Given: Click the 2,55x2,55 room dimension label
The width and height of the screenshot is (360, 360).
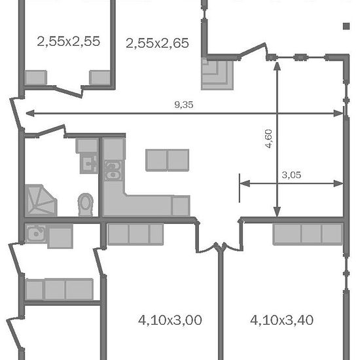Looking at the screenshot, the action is click(69, 41).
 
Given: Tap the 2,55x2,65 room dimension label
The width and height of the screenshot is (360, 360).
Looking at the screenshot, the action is click(157, 43).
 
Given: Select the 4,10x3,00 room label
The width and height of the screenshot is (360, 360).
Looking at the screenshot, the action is click(170, 320).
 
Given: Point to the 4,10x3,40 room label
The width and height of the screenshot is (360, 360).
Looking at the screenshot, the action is click(281, 320).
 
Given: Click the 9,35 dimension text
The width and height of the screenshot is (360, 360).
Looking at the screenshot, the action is click(184, 105).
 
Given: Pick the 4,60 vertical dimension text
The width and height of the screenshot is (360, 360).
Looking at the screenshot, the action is click(268, 139).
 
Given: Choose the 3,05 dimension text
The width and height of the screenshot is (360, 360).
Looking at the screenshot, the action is click(291, 175).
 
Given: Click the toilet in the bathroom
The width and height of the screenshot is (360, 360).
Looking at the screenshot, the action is click(85, 205).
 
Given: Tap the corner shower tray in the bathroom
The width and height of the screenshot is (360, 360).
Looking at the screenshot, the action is click(41, 200).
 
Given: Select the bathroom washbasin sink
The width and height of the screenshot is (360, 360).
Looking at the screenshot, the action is click(89, 164).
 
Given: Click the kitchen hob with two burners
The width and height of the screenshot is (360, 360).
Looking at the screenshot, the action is click(113, 171).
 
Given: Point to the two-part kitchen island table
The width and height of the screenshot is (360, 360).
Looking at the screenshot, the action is click(168, 160).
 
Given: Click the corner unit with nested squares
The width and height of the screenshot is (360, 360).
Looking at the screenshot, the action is click(217, 74).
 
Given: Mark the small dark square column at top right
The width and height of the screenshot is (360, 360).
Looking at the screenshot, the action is click(346, 26).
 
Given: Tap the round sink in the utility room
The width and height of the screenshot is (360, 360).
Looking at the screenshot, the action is click(36, 234).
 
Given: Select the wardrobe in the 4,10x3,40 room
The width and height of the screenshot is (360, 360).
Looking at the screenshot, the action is click(308, 234).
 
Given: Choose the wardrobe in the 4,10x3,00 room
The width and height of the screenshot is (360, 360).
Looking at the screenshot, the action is click(135, 234).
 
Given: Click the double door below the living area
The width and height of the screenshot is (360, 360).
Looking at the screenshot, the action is click(220, 247).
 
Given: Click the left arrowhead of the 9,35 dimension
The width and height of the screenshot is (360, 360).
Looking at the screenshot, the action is click(30, 113).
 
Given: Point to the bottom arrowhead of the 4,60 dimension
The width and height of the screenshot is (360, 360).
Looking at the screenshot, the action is click(278, 211).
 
